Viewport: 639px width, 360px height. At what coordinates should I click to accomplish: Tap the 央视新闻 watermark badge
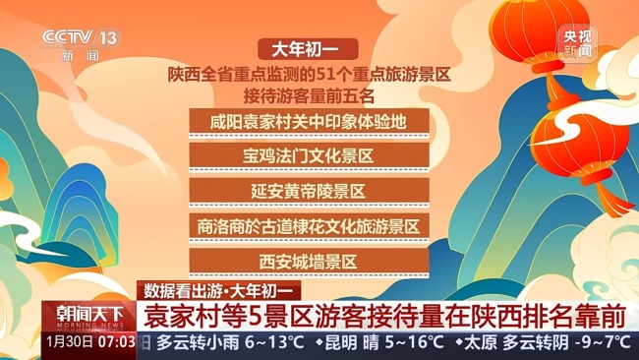(x=577, y=43)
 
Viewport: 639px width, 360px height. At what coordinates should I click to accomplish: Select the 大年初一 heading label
(x=308, y=48)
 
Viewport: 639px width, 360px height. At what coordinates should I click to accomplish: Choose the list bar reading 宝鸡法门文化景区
(x=308, y=155)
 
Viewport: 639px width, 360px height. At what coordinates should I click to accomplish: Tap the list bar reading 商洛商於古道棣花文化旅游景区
(x=308, y=225)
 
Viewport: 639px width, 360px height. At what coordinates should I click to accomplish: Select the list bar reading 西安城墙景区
(x=308, y=261)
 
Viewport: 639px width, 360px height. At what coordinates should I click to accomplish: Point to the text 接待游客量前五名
(x=308, y=95)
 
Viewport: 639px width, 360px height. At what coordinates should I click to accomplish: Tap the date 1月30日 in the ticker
(x=69, y=342)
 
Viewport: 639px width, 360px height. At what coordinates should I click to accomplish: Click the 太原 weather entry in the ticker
(x=480, y=342)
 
